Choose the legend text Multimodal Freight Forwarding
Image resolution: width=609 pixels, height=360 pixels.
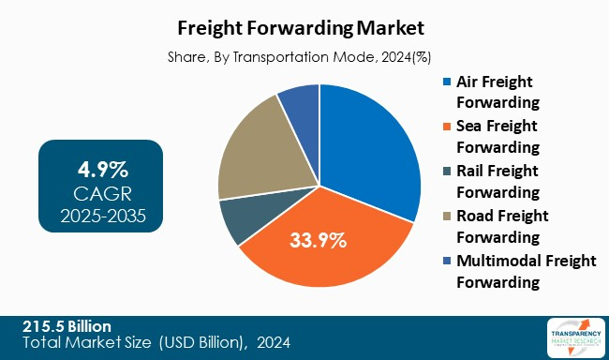(524, 271)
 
